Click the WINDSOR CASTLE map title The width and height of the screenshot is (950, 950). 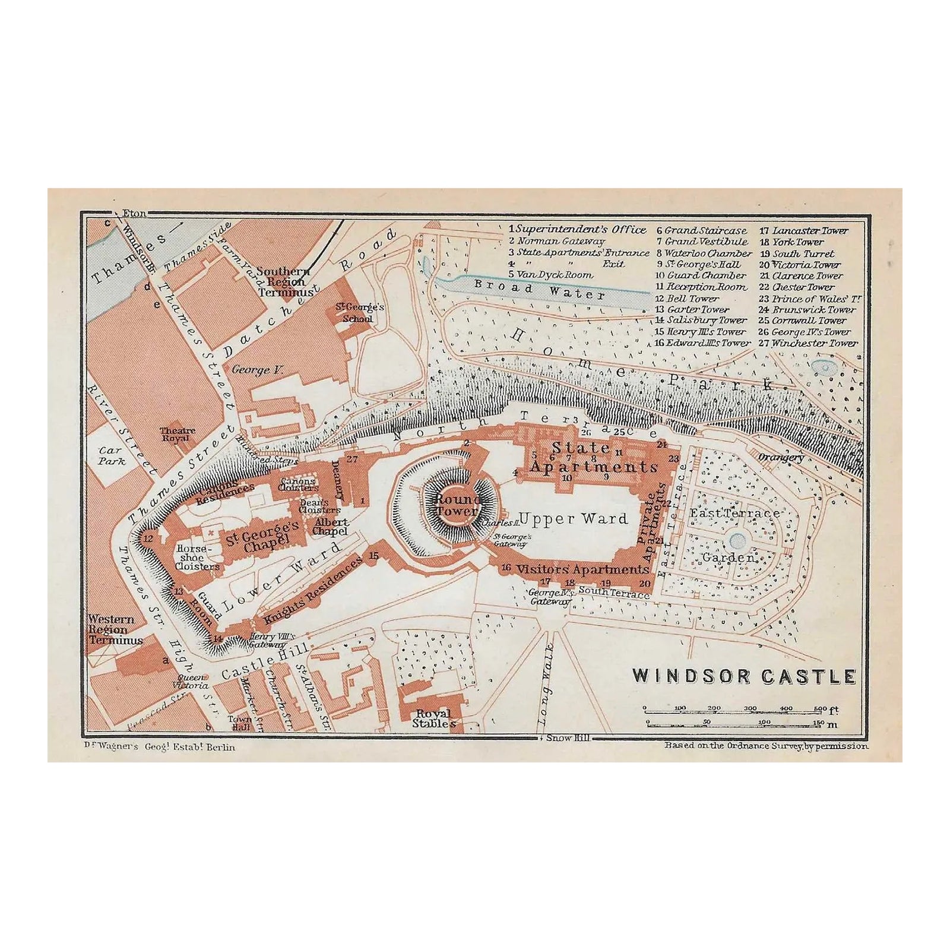point(743,676)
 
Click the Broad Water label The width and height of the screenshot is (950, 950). point(539,290)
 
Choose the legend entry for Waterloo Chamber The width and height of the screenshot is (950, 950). point(704,253)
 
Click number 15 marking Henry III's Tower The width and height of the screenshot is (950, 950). point(373,556)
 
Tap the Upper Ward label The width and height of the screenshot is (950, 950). point(572,518)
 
